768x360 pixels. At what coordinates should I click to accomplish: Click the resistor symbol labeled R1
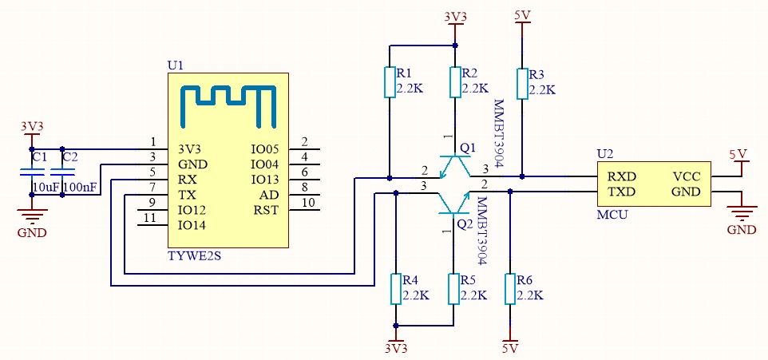pyautogui.click(x=390, y=82)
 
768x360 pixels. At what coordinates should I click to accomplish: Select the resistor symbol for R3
pyautogui.click(x=522, y=82)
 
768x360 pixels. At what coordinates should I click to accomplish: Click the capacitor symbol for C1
pyautogui.click(x=32, y=172)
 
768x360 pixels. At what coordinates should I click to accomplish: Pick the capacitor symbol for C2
pyautogui.click(x=63, y=172)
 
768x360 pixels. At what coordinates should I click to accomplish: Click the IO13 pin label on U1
pyautogui.click(x=264, y=180)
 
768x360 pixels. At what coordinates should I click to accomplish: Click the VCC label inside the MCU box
pyautogui.click(x=687, y=176)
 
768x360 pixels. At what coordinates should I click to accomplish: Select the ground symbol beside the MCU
pyautogui.click(x=742, y=211)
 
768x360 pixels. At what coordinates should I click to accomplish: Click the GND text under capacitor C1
pyautogui.click(x=32, y=232)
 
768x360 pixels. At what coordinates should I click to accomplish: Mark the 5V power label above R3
pyautogui.click(x=523, y=15)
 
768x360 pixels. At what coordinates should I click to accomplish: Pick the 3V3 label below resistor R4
pyautogui.click(x=395, y=349)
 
